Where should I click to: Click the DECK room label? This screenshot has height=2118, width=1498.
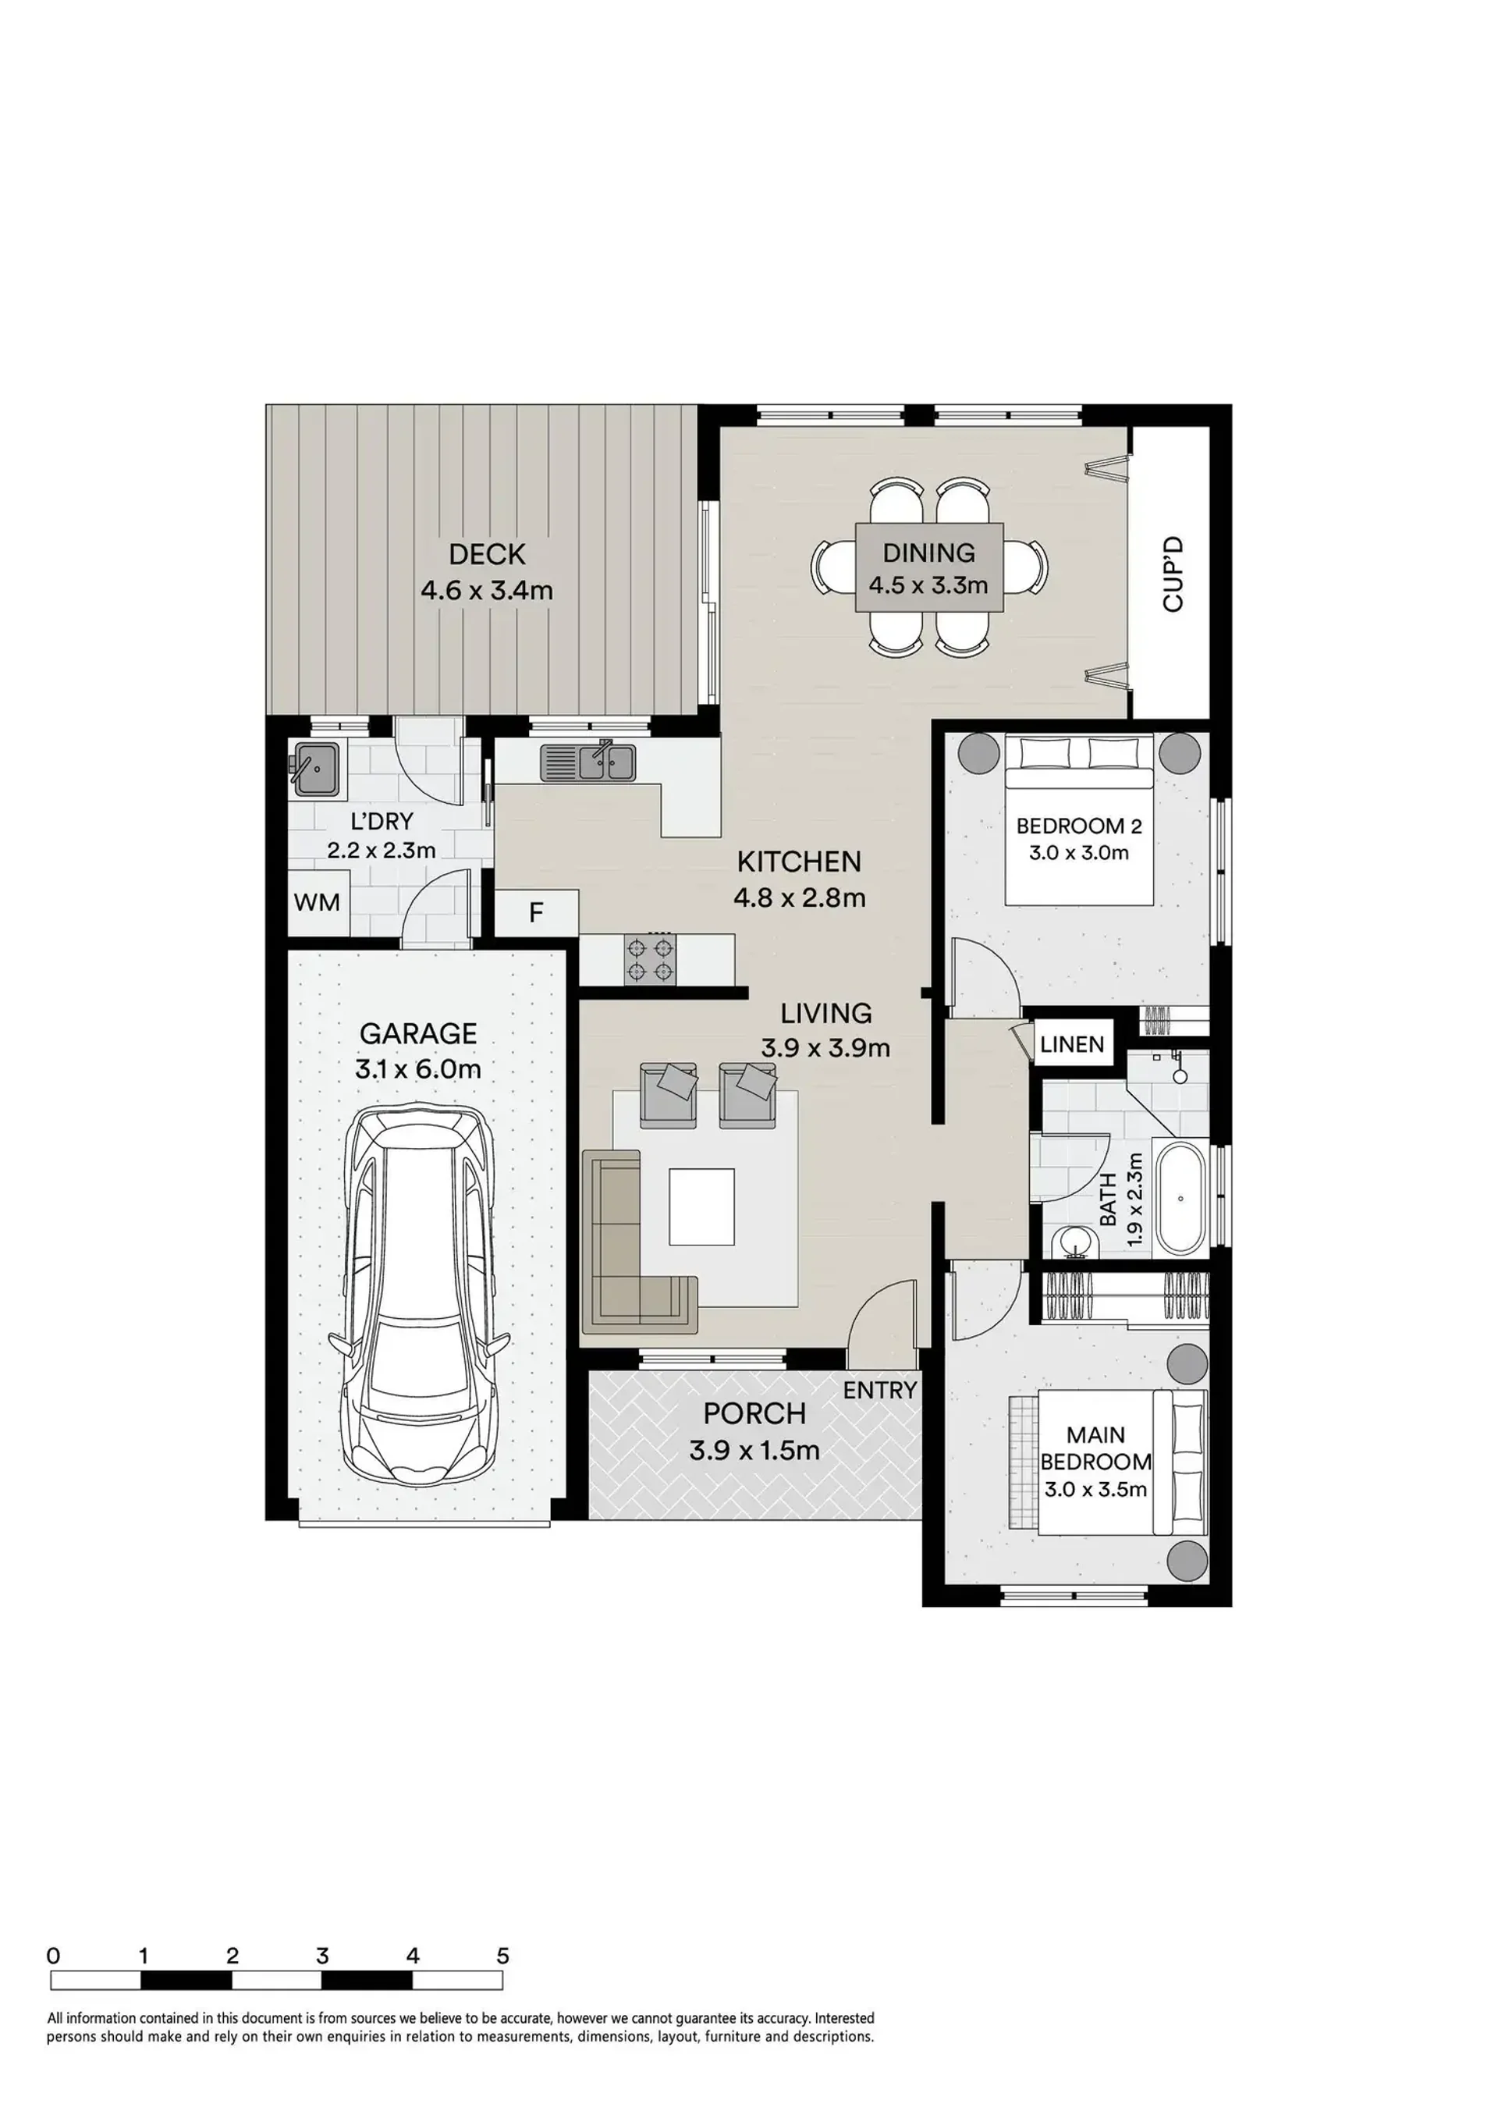[x=487, y=554]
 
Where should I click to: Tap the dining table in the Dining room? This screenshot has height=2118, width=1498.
[x=929, y=567]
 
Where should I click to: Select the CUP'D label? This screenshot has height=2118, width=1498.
[x=1173, y=574]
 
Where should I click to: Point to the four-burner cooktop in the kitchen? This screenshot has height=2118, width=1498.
[x=649, y=959]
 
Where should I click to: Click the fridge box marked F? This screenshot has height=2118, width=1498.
[x=537, y=912]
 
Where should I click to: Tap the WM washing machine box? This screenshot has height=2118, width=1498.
[x=317, y=902]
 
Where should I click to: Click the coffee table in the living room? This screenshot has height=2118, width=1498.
[x=702, y=1206]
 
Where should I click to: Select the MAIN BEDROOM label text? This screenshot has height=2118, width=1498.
[x=1096, y=1448]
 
